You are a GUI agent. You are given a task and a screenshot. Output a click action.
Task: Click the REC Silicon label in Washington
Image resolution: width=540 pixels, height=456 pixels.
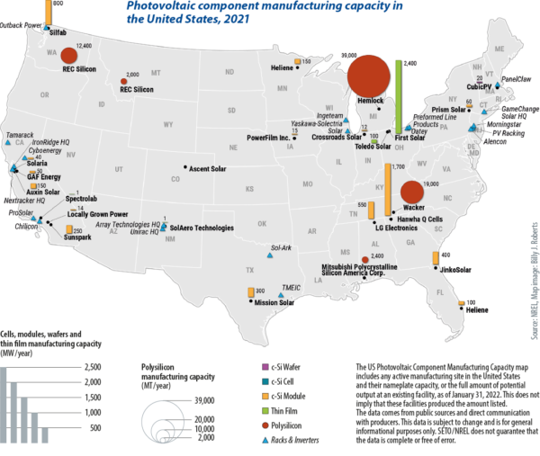[80, 67]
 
